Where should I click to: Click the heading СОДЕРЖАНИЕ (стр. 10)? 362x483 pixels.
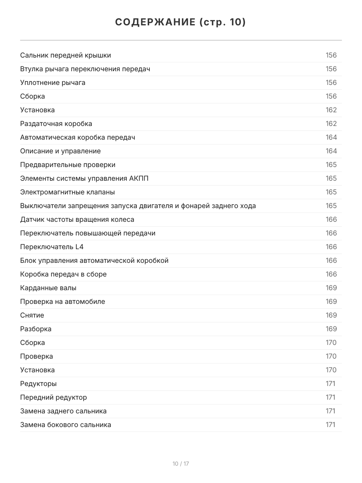point(181,22)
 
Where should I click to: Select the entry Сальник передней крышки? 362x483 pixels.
point(66,55)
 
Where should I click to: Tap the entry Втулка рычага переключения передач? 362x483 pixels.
point(85,69)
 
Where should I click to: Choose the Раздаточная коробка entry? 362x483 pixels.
point(56,124)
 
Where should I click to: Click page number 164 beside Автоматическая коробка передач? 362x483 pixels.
point(331,137)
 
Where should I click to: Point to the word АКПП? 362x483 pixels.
point(139,178)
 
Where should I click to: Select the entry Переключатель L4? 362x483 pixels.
point(52,247)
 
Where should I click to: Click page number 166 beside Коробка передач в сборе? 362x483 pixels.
point(331,274)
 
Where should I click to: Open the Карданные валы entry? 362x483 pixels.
point(48,288)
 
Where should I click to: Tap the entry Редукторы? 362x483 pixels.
point(38,384)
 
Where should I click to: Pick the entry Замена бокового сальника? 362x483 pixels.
point(66,425)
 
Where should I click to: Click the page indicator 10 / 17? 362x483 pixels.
point(181,464)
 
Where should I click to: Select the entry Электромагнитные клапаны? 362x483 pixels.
point(68,192)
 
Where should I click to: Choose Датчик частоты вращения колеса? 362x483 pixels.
point(77,219)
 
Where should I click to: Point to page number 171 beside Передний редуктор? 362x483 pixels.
point(330,397)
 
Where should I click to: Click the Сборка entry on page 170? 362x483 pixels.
point(33,343)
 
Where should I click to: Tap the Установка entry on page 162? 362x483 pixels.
point(37,110)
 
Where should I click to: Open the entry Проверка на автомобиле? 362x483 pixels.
point(62,301)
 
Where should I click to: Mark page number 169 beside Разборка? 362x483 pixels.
point(331,329)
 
